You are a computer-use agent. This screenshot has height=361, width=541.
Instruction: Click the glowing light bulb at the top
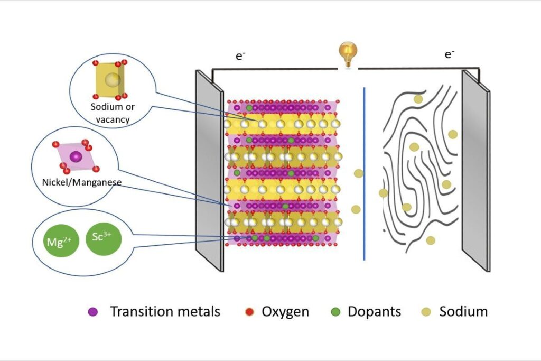pos(348,54)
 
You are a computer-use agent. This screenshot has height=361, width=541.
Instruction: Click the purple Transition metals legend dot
pos(93,312)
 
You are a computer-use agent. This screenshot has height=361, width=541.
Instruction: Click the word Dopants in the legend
pos(374,311)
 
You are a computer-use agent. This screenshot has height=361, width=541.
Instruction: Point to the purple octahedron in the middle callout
pos(77,157)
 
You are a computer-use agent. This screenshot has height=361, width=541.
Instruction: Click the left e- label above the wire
pos(240,56)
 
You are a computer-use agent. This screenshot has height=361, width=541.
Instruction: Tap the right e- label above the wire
pos(450,54)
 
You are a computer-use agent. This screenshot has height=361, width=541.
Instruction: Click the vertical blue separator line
pos(364,174)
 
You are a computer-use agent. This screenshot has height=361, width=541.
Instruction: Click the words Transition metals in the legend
pos(165,311)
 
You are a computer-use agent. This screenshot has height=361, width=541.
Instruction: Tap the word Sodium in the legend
pos(463,311)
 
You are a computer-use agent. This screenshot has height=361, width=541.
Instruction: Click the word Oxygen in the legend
pos(285,311)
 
